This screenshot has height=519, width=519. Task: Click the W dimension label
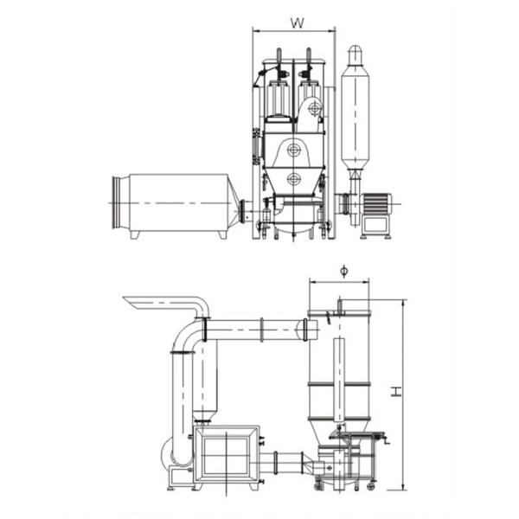pos(297,22)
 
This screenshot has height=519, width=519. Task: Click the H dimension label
pos(396,392)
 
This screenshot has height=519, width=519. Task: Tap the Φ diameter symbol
pos(344,271)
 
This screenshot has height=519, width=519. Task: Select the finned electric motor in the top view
pos(376,204)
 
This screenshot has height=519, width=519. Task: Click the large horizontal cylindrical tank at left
pos(178,202)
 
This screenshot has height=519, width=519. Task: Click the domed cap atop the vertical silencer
pos(355,53)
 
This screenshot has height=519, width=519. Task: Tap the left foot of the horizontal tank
pos(135,234)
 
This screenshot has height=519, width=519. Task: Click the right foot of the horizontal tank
pos(222,234)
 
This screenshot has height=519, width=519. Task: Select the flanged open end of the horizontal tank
pos(117,202)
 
